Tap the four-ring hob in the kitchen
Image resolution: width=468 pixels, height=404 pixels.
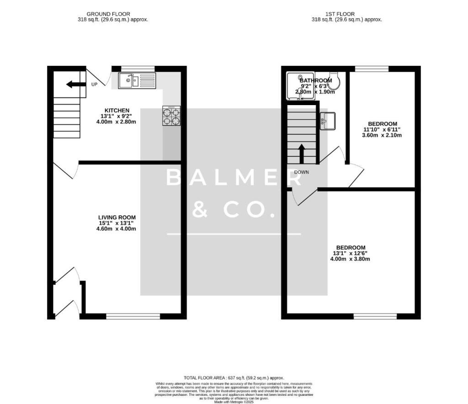tap(171, 116)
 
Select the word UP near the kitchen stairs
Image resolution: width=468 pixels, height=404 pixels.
tap(94, 85)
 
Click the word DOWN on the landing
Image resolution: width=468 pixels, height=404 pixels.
tap(302, 172)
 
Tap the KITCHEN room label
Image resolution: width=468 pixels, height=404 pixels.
tap(117, 111)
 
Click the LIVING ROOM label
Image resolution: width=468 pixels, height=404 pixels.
tap(117, 218)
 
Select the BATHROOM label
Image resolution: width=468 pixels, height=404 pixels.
tap(316, 80)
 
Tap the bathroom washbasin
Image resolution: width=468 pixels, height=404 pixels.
tap(327, 121)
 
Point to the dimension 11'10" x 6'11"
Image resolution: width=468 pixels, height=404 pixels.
tap(383, 130)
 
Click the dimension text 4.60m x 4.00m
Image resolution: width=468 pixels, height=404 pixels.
tap(116, 229)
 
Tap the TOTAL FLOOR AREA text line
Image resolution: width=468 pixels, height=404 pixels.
tap(234, 378)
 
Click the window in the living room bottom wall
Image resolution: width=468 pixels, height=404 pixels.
tap(133, 316)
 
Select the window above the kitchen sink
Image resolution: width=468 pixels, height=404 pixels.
tap(138, 69)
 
